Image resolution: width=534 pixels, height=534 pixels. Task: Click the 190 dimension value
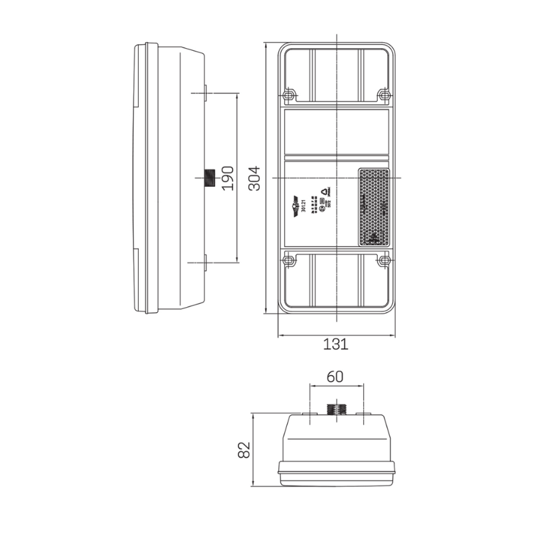tap(228, 178)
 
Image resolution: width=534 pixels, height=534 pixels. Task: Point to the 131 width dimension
tap(336, 344)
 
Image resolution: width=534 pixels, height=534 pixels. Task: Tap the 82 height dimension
tap(244, 451)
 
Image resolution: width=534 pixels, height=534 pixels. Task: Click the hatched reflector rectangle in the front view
tap(374, 207)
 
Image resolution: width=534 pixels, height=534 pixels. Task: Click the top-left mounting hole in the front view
tap(289, 95)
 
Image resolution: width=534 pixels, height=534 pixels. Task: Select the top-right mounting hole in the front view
tap(383, 95)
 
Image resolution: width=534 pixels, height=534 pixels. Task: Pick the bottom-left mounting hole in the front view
tap(289, 261)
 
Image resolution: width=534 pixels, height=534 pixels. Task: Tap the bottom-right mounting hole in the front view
tap(383, 261)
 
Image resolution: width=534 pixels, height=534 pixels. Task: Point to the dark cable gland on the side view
tap(208, 178)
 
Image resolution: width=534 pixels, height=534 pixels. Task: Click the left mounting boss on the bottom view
tap(309, 415)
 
